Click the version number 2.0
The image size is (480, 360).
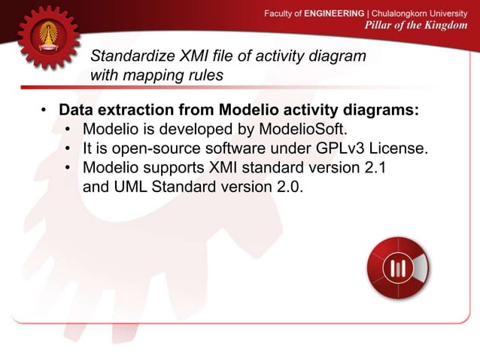[290, 187]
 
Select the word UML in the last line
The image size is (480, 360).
[129, 187]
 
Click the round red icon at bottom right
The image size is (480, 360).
[397, 269]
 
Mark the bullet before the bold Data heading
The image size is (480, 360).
[44, 111]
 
